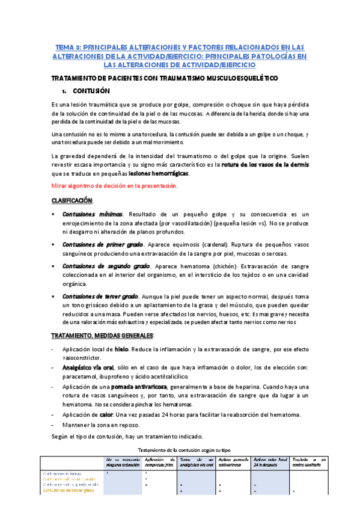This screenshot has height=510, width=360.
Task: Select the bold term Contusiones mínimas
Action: [x=94, y=214]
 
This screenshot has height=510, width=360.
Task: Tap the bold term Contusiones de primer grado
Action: [x=102, y=244]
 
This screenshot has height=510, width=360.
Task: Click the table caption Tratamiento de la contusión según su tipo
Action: [x=189, y=449]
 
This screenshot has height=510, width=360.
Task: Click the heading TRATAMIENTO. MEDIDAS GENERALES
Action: [x=103, y=334]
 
